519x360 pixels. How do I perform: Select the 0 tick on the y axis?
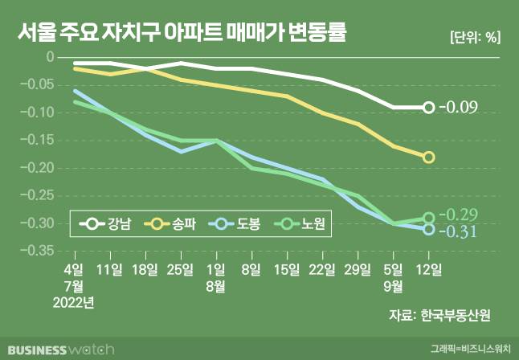(x=49, y=57)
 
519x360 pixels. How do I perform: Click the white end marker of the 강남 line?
(x=429, y=108)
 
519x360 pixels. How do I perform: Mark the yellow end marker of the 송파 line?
(x=429, y=157)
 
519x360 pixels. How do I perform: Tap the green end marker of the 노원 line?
(x=429, y=218)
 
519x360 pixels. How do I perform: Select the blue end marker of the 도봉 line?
(x=429, y=230)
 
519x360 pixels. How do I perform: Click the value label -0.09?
(x=461, y=108)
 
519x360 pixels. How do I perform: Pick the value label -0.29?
(x=461, y=215)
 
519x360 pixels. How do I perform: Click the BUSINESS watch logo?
(x=58, y=350)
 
